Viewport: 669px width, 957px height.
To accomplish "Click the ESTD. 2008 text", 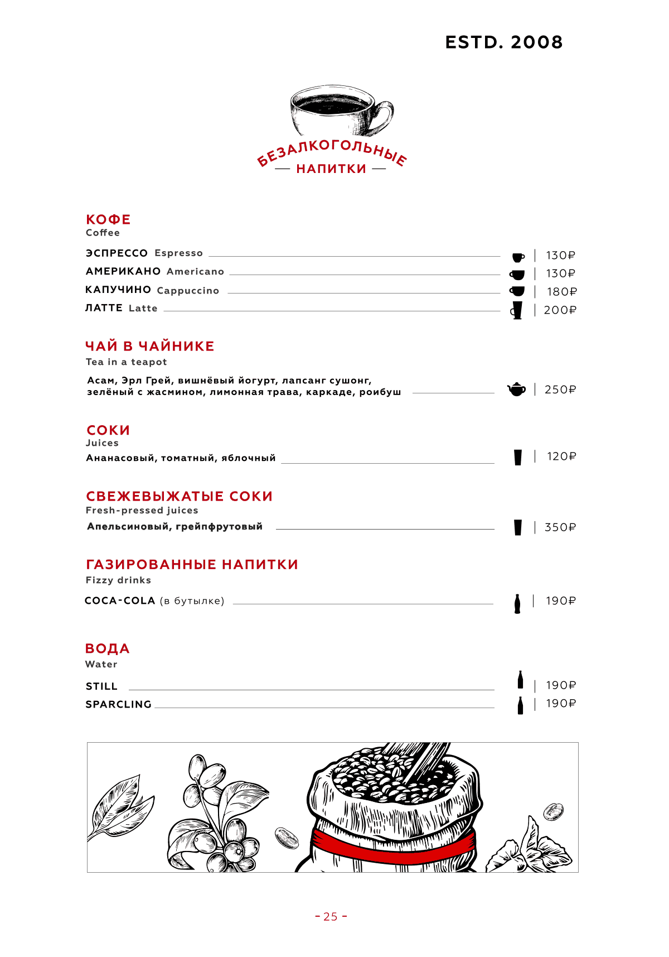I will point(504,42).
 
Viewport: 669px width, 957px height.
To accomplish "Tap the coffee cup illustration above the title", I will point(340,110).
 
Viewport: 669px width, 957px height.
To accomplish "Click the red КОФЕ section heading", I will point(108,219).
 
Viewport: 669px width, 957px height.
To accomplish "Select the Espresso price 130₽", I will point(560,256).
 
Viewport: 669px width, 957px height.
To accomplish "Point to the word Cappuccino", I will point(188,291).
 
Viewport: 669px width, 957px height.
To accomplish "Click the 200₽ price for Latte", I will point(560,310).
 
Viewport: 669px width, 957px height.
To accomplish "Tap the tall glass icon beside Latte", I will point(517,310).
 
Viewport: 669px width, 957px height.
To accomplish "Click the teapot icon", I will point(517,389).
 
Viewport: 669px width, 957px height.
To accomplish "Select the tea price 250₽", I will point(560,389).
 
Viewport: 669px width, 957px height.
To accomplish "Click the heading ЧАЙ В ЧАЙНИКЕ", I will point(149,346).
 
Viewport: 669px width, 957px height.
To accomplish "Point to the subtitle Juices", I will point(102,443).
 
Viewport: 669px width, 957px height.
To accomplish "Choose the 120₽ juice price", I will point(561,456).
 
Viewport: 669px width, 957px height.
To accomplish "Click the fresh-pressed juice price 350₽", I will point(560,527).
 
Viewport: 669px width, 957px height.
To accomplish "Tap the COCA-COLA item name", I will point(120,600).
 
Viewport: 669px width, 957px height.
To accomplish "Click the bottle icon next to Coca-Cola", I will point(517,604).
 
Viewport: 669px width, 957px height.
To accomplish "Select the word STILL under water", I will point(101,686).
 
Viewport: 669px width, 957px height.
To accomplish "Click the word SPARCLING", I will point(118,704).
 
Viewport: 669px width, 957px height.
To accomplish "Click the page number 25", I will point(331,916).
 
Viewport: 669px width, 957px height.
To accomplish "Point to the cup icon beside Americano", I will point(517,275).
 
